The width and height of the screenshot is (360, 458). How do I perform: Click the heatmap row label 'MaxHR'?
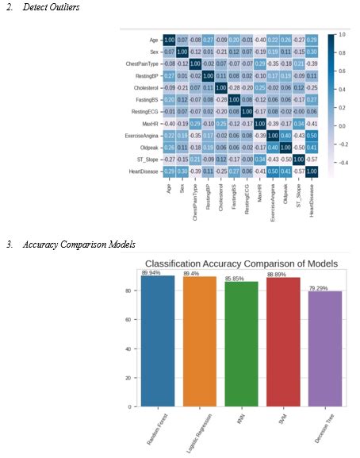coord(150,125)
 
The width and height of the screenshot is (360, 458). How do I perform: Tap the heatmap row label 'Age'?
coord(152,39)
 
